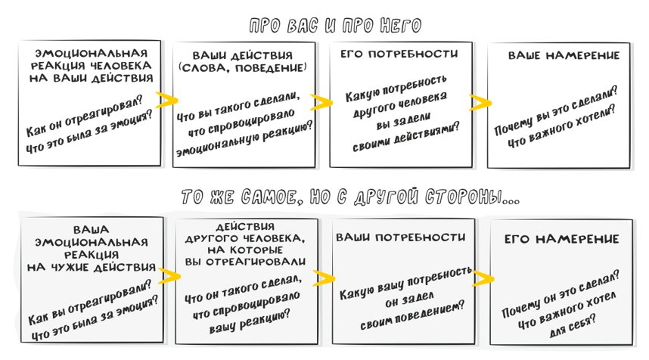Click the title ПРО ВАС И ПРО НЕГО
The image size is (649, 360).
pyautogui.click(x=336, y=26)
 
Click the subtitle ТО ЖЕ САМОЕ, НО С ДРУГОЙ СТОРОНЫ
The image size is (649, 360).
pyautogui.click(x=351, y=198)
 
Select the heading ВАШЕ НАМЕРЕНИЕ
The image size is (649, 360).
pyautogui.click(x=564, y=56)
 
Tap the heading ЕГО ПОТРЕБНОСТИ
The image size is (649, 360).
pyautogui.click(x=399, y=54)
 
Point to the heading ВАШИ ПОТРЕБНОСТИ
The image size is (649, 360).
pyautogui.click(x=400, y=237)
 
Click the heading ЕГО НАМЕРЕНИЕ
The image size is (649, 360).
pyautogui.click(x=561, y=239)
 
